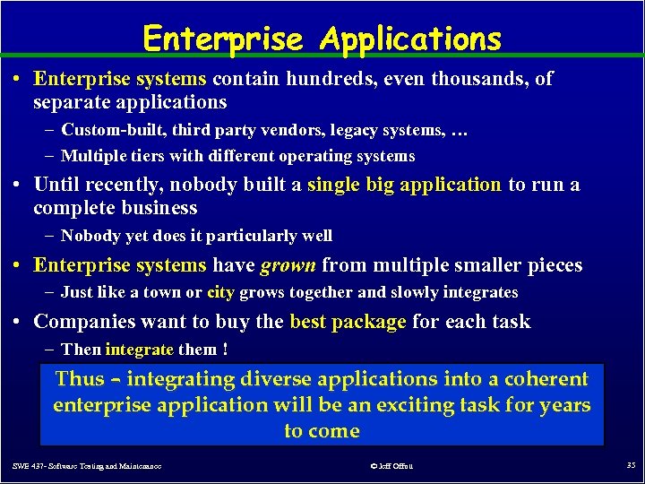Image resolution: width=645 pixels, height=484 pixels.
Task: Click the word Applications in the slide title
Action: [410, 39]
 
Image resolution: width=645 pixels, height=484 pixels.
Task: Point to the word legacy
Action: [357, 131]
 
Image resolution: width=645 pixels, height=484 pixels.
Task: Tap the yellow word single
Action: [333, 185]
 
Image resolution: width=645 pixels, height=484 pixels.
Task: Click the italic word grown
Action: [288, 265]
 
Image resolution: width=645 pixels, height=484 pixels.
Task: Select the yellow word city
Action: [220, 292]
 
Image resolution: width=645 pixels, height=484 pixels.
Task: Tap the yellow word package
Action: [365, 322]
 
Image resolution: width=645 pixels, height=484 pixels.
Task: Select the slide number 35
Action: [631, 465]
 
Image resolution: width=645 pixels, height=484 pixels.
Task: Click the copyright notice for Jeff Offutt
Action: [391, 466]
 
